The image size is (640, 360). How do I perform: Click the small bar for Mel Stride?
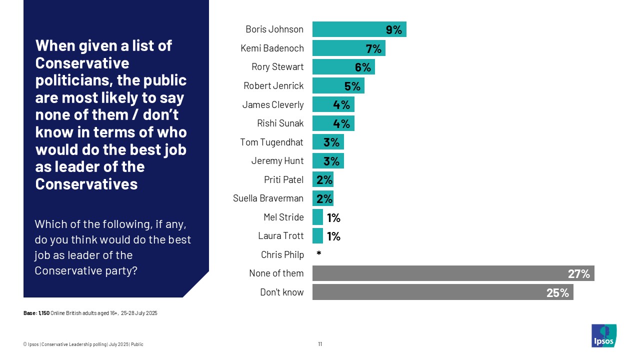[x=317, y=217]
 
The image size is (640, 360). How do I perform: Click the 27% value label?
[x=578, y=274]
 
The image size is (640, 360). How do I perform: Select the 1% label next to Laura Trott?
[x=333, y=236]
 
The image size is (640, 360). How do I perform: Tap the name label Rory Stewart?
[x=277, y=67]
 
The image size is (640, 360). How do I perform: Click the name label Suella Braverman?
[x=268, y=198]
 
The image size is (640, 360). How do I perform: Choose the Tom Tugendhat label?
[x=271, y=142]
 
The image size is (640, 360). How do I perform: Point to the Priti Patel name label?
[x=283, y=179]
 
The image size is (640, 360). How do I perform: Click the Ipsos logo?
[x=604, y=335]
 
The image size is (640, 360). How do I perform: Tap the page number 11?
[x=320, y=344]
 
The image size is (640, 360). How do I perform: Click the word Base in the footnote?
[x=29, y=313]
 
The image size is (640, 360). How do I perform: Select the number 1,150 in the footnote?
[x=44, y=313]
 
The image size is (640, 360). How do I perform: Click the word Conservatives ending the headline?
[x=86, y=184]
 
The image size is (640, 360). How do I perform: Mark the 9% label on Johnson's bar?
[x=394, y=30]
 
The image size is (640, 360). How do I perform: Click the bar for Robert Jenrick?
[x=338, y=86]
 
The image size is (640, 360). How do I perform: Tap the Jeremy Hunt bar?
[x=328, y=161]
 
